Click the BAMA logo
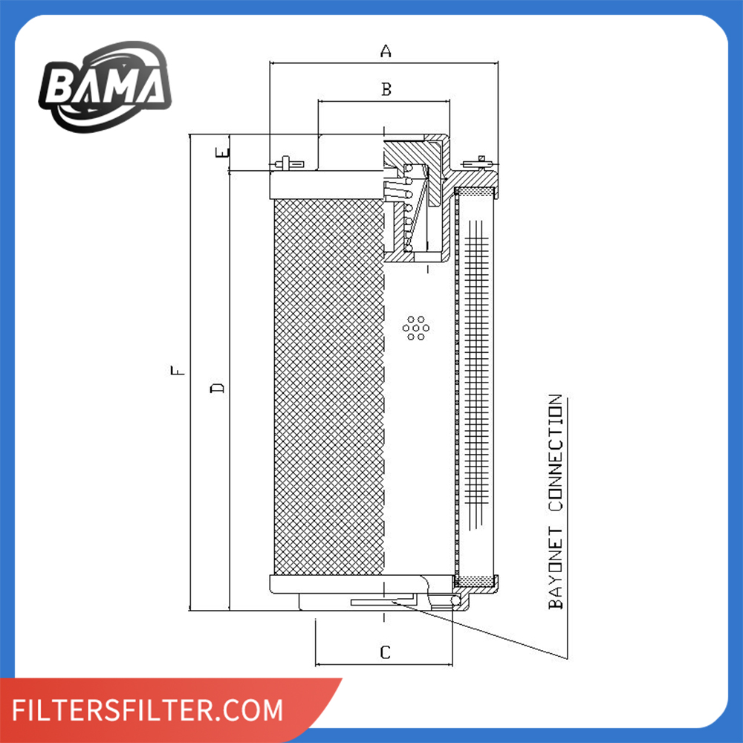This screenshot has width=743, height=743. coord(104,86)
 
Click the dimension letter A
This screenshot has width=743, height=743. coord(385,51)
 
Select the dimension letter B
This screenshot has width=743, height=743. coord(386,89)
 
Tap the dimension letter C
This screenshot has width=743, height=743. coord(385,652)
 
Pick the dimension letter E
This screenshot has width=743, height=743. coord(221,153)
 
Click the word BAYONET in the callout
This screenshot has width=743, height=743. coord(556,565)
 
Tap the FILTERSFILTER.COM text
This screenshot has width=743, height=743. coord(149,710)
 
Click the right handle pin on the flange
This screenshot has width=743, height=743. coord(479,162)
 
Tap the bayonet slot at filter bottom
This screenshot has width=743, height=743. coord(379,601)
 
